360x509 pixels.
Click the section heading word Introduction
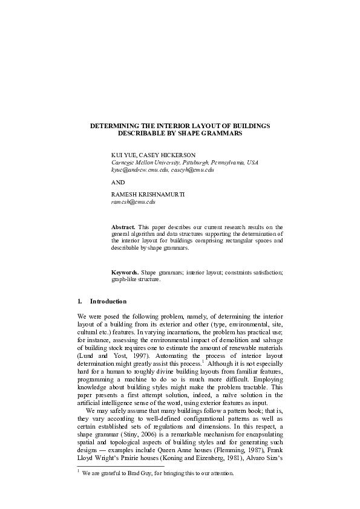(x=108, y=301)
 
